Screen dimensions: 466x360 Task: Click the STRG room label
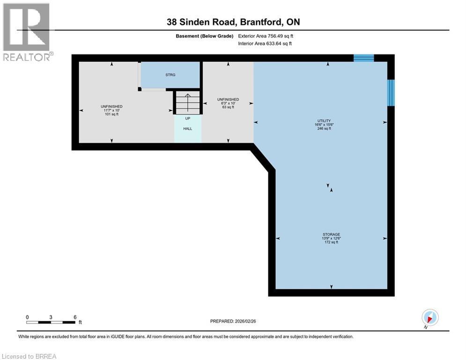pos(170,75)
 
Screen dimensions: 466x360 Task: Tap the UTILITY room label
pos(324,121)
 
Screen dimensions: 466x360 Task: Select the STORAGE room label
pos(332,234)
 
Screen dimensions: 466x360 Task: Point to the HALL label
pos(187,128)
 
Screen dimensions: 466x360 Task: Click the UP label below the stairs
pos(187,119)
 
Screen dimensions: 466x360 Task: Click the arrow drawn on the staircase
pos(187,103)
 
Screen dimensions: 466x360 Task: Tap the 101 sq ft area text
pos(112,114)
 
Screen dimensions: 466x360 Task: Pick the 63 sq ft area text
pos(228,107)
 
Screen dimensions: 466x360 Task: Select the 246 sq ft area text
pos(324,128)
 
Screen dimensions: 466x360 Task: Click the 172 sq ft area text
pos(332,242)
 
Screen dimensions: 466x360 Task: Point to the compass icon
pos(430,318)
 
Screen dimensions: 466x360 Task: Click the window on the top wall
pos(363,58)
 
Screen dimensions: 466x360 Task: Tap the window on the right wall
pos(391,93)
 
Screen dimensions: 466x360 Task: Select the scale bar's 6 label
pos(75,317)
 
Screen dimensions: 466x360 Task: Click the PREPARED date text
pos(233,321)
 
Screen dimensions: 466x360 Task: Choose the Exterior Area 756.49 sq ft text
pos(266,36)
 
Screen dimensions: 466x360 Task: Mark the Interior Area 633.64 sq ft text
pos(265,44)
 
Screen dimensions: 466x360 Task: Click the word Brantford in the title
pos(261,22)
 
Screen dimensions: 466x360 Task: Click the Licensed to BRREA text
pos(29,356)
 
